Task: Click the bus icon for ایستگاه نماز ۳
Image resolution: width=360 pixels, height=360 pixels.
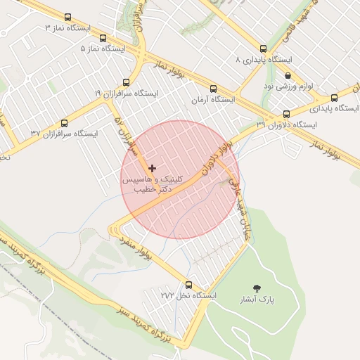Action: click(x=67, y=18)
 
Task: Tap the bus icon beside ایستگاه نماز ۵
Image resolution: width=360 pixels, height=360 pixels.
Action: click(x=103, y=39)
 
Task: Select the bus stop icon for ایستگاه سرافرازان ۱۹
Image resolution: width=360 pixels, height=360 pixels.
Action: click(x=126, y=82)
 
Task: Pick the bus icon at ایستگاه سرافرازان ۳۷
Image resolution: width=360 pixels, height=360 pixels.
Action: click(x=65, y=122)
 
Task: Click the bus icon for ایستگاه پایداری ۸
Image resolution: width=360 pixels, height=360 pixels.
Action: click(x=263, y=49)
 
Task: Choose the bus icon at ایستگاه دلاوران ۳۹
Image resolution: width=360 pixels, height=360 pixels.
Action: click(x=286, y=114)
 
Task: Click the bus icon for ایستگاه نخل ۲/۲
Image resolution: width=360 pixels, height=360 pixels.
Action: click(x=188, y=285)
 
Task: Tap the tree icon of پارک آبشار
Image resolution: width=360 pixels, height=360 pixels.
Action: click(x=257, y=288)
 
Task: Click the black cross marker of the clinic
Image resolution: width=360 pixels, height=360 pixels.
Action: click(x=152, y=168)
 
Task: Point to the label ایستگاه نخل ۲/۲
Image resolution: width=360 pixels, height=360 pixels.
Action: click(x=188, y=296)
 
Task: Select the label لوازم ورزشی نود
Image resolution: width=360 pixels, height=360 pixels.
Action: click(x=288, y=86)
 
